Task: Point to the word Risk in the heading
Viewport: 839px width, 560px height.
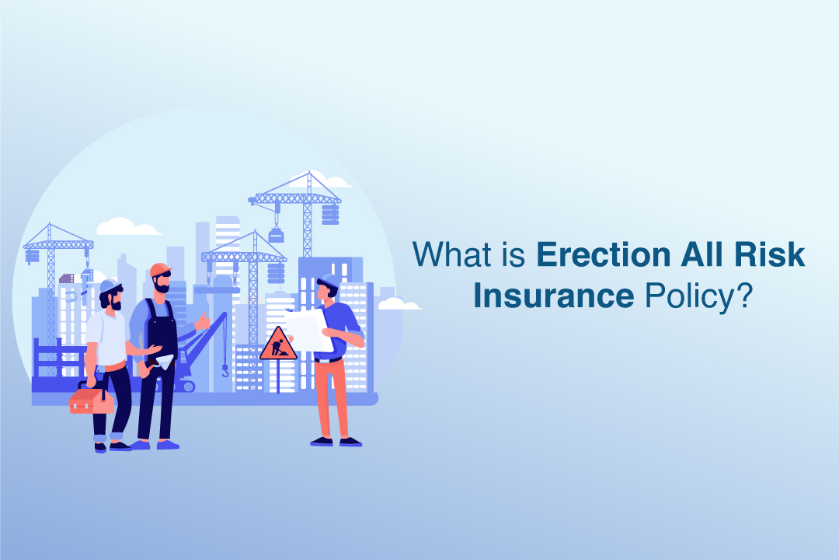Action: pyautogui.click(x=768, y=256)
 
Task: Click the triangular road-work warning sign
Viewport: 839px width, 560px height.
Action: pyautogui.click(x=277, y=345)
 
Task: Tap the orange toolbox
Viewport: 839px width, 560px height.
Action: pyautogui.click(x=92, y=401)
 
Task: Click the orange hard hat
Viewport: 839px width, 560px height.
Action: pyautogui.click(x=161, y=269)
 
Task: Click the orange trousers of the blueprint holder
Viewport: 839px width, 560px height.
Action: pyautogui.click(x=331, y=397)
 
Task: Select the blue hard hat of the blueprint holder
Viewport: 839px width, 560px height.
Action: pyautogui.click(x=330, y=280)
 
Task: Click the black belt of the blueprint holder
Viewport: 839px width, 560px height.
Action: pyautogui.click(x=329, y=359)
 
